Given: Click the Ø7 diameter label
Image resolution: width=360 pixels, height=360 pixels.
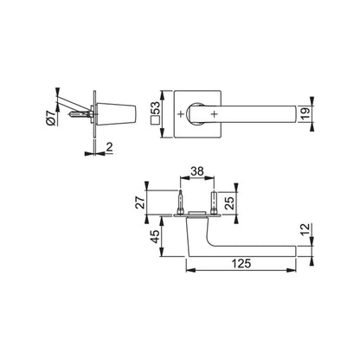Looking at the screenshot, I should coord(53,116).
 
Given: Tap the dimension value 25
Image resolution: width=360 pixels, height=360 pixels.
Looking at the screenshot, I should coord(228,205).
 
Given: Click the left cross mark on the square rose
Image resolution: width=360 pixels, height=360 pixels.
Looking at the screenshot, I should coord(181,114).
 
